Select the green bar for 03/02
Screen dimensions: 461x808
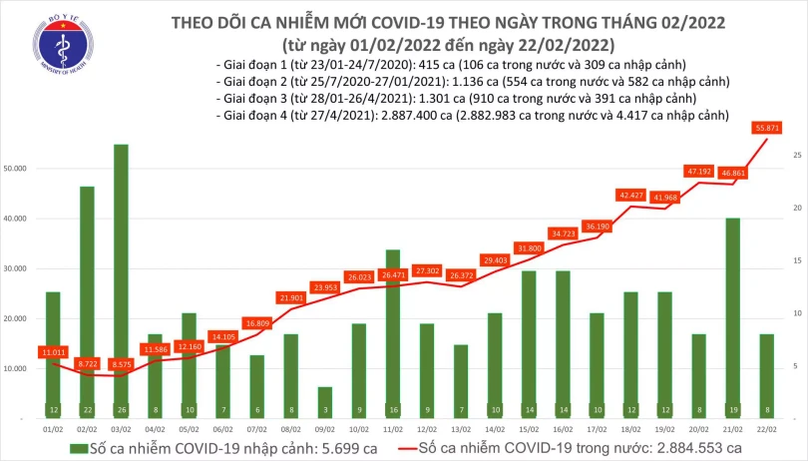point(121,279)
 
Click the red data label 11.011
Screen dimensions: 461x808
point(53,352)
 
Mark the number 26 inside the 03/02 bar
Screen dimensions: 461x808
point(121,411)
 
